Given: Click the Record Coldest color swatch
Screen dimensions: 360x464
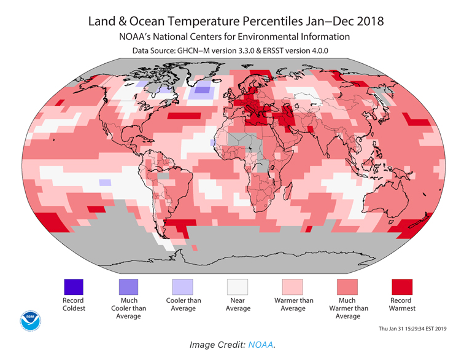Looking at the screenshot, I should pyautogui.click(x=74, y=287).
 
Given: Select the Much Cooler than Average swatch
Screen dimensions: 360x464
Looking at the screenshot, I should pyautogui.click(x=128, y=287).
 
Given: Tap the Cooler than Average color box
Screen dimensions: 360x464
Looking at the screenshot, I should pyautogui.click(x=183, y=287).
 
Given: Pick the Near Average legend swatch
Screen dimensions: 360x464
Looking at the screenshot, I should pyautogui.click(x=238, y=287).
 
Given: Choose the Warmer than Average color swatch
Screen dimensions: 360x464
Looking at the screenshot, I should pyautogui.click(x=292, y=287).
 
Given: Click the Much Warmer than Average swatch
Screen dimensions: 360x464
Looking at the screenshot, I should pyautogui.click(x=347, y=287).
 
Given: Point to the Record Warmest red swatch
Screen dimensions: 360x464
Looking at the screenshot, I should pyautogui.click(x=402, y=287).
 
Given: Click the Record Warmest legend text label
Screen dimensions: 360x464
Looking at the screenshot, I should pyautogui.click(x=402, y=304).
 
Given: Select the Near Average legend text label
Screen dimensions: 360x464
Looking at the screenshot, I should pyautogui.click(x=238, y=304).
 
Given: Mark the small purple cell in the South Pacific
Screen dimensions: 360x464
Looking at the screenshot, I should pyautogui.click(x=105, y=182).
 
